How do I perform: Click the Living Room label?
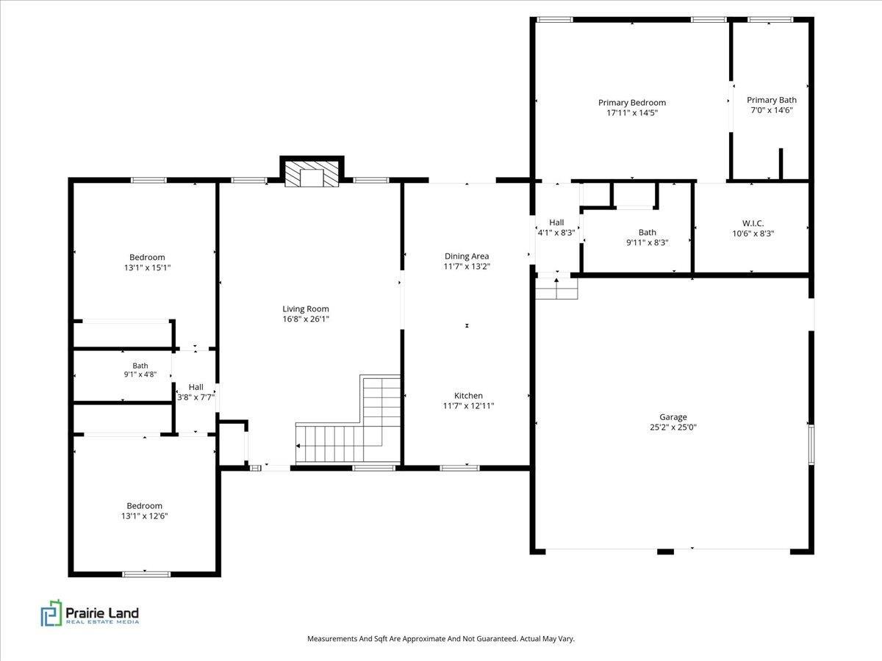(305, 308)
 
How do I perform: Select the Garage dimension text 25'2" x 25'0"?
(673, 427)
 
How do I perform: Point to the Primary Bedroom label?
(632, 102)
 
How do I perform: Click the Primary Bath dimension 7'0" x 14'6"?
(772, 110)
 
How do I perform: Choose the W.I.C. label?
(753, 223)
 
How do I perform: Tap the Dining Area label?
(467, 256)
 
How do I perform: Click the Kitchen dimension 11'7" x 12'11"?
(468, 405)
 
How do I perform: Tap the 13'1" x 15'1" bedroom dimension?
(148, 267)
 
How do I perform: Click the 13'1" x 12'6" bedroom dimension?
(144, 516)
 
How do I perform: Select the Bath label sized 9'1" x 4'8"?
(140, 366)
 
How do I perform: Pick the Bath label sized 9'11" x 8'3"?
(648, 232)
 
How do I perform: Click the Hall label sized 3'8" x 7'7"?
(196, 387)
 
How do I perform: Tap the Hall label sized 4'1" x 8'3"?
(556, 223)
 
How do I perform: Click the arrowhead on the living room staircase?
(298, 446)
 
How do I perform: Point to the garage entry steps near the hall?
(556, 289)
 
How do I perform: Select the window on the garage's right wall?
(811, 444)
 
